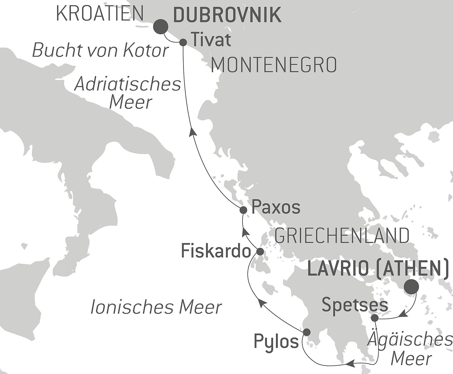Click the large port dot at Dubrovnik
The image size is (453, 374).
pyautogui.click(x=161, y=27)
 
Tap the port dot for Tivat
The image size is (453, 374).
pyautogui.click(x=183, y=42)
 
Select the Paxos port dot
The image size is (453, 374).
pyautogui.click(x=243, y=210)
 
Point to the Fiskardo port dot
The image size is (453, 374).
pyautogui.click(x=260, y=251)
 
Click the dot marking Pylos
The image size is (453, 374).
pyautogui.click(x=307, y=332)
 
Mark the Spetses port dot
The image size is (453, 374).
pyautogui.click(x=375, y=318)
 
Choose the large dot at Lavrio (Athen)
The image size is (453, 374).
pyautogui.click(x=411, y=287)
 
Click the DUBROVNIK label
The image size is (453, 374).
pyautogui.click(x=227, y=15)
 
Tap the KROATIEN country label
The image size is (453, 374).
pyautogui.click(x=100, y=13)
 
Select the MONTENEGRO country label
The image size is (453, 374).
pyautogui.click(x=274, y=65)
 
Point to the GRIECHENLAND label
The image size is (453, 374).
pyautogui.click(x=342, y=236)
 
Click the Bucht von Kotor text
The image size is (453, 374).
pyautogui.click(x=100, y=50)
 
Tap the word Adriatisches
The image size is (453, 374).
pyautogui.click(x=128, y=85)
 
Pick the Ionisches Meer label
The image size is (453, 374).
pyautogui.click(x=156, y=307)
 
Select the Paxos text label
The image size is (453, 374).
pyautogui.click(x=276, y=207)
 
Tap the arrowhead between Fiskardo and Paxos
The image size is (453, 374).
pyautogui.click(x=245, y=231)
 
